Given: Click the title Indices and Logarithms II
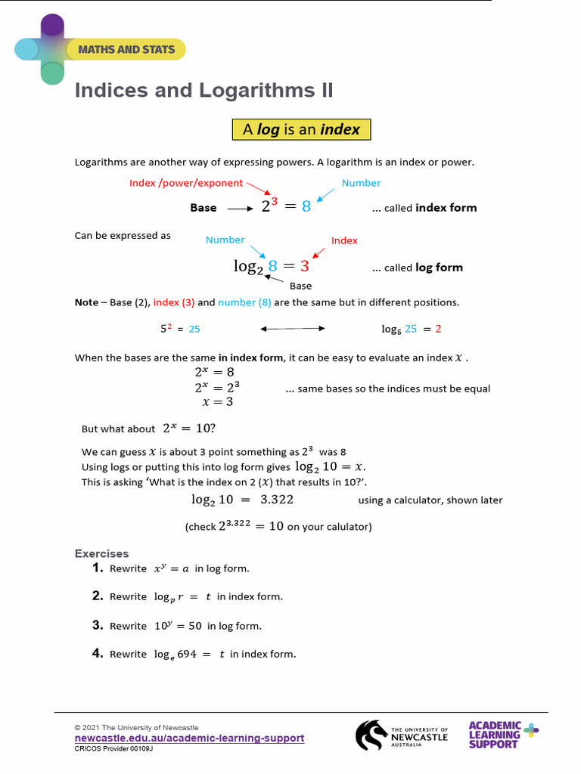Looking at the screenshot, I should (204, 91).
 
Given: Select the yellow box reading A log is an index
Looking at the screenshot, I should (301, 129).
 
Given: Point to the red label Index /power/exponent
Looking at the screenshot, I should (186, 183).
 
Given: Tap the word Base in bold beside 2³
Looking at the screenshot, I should (203, 208).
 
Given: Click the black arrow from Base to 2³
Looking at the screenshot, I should (240, 208).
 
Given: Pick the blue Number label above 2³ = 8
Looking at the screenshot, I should (361, 183).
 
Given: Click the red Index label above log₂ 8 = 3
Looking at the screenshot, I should (344, 240).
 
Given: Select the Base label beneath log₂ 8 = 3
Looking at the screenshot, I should (300, 286).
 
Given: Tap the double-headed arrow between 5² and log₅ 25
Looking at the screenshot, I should (292, 329).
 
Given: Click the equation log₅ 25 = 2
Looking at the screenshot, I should (411, 329).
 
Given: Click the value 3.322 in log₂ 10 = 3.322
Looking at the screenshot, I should (277, 500).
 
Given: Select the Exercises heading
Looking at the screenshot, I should (101, 553).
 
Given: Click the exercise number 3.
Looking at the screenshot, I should (97, 625).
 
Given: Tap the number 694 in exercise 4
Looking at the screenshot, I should (187, 655).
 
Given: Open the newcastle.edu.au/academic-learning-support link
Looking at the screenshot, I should (189, 738).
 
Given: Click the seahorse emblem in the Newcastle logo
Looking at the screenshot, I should (371, 735).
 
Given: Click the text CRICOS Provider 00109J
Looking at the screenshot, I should (113, 748).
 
